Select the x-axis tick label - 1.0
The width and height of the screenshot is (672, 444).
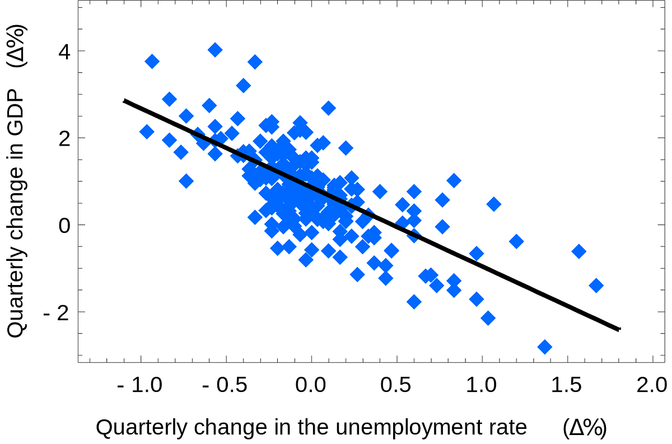pyautogui.click(x=141, y=386)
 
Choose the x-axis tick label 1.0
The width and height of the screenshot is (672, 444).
pyautogui.click(x=482, y=386)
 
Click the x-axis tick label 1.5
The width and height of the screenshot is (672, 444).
pyautogui.click(x=567, y=386)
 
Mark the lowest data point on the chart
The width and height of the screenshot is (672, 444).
pyautogui.click(x=544, y=347)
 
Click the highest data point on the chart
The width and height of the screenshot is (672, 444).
pyautogui.click(x=215, y=50)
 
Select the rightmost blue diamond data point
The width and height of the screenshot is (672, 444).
pyautogui.click(x=596, y=286)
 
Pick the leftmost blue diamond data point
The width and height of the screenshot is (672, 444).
pyautogui.click(x=147, y=132)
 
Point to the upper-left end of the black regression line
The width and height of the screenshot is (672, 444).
pyautogui.click(x=124, y=101)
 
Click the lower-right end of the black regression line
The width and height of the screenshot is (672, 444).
pyautogui.click(x=619, y=329)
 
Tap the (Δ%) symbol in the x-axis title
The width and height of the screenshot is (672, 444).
pyautogui.click(x=585, y=428)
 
